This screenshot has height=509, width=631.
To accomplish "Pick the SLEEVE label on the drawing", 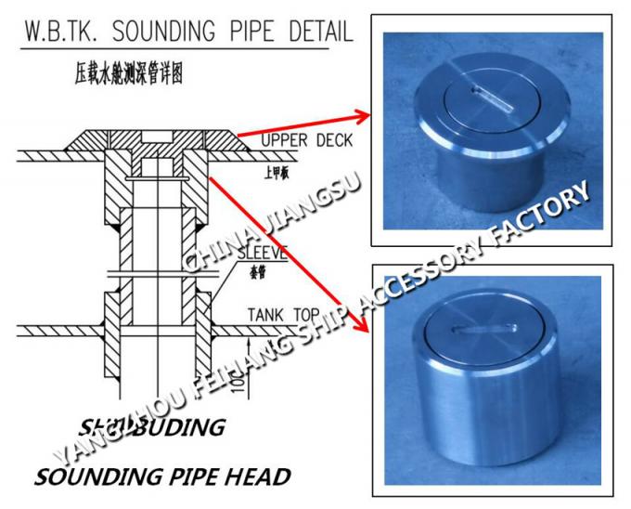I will point(263,252).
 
